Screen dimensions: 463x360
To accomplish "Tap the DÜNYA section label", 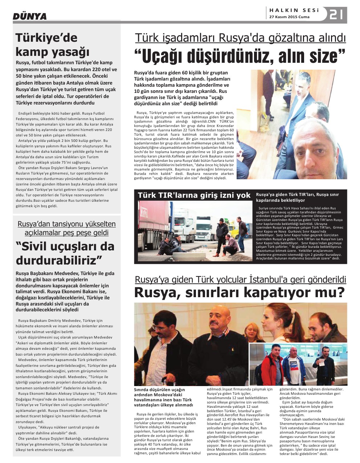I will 30,16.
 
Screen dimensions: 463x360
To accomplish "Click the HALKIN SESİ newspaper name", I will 294,11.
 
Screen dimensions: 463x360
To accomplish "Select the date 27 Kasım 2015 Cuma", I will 289,17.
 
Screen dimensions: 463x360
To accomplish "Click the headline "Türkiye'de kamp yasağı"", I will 47,45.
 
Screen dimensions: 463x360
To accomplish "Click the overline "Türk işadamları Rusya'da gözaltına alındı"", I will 240,38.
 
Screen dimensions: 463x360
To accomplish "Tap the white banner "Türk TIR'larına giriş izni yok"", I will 194,195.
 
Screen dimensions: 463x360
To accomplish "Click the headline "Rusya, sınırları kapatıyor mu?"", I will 239,292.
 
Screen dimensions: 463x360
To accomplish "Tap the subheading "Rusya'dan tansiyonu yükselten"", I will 67,224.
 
